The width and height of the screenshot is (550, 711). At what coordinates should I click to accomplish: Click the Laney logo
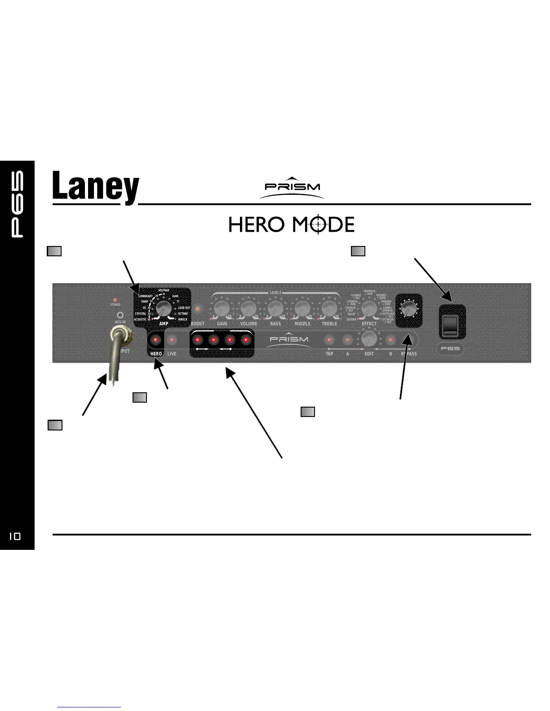click(x=95, y=188)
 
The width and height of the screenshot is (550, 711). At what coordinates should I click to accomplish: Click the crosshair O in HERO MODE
click(x=317, y=224)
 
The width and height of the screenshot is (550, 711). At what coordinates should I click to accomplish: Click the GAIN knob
click(x=222, y=308)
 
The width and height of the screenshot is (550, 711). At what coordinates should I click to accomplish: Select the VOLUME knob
click(x=248, y=308)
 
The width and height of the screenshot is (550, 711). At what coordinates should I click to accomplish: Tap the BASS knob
click(x=275, y=308)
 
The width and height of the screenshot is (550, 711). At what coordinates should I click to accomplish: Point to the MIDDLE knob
click(x=302, y=308)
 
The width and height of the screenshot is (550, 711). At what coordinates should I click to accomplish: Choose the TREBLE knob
click(x=329, y=308)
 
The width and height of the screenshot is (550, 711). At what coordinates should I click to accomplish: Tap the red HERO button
click(x=156, y=340)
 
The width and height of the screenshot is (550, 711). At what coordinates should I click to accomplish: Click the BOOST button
click(x=198, y=310)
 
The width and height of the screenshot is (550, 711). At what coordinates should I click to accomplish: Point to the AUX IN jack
click(x=120, y=315)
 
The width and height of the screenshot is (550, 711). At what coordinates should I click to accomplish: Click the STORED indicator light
click(x=115, y=299)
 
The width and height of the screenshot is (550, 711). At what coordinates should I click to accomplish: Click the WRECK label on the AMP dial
click(x=183, y=320)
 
